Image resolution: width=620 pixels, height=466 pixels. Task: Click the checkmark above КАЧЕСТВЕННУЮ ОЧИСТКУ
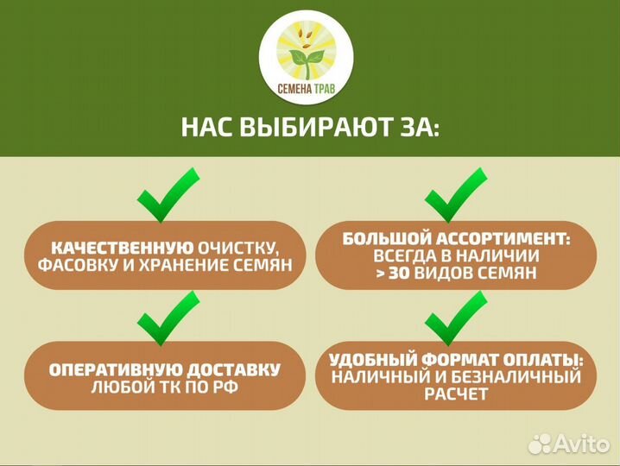167,197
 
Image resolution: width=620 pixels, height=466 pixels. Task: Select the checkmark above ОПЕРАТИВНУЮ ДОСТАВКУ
167,318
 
